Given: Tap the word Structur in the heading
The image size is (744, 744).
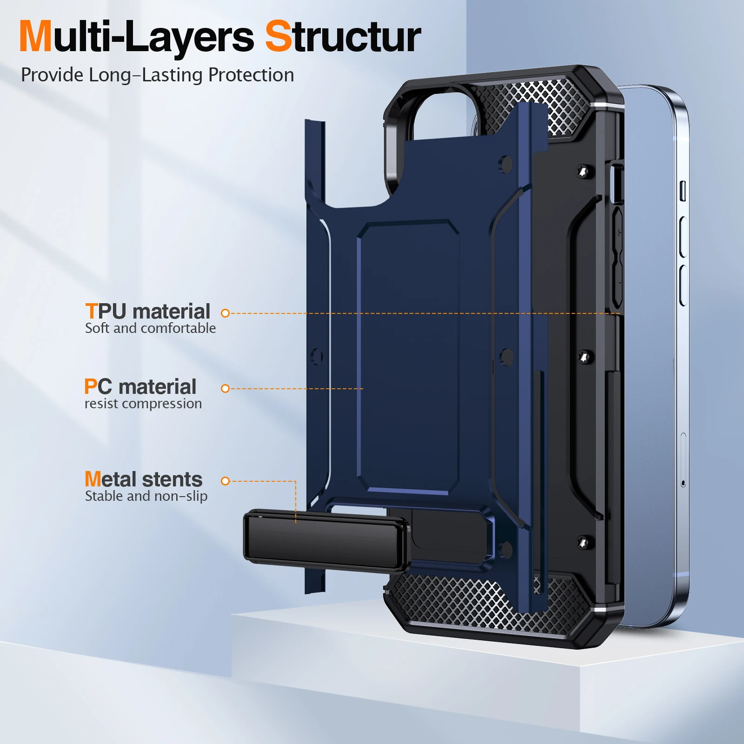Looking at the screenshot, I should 343,37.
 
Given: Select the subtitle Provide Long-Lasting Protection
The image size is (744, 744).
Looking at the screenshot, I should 157,75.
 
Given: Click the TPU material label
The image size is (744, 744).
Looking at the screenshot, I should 148,311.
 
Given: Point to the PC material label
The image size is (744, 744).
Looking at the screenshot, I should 140,386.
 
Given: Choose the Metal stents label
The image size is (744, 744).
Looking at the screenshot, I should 143,479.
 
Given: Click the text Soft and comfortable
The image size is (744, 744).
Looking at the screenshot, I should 150,328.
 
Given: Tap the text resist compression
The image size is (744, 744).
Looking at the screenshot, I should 143,404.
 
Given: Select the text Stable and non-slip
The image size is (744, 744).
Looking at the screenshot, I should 146,496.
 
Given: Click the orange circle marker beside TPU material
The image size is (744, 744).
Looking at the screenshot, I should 226,313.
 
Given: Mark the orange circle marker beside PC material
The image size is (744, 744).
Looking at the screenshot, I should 226,388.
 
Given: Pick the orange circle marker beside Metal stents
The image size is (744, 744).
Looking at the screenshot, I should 226,481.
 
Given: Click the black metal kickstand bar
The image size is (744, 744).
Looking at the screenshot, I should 325,540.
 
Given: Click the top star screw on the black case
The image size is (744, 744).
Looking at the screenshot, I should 583,172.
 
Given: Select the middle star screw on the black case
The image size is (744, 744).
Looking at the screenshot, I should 584,357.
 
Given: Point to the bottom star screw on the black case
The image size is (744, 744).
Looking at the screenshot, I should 583,542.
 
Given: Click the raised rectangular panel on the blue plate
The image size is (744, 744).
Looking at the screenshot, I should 408,356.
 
